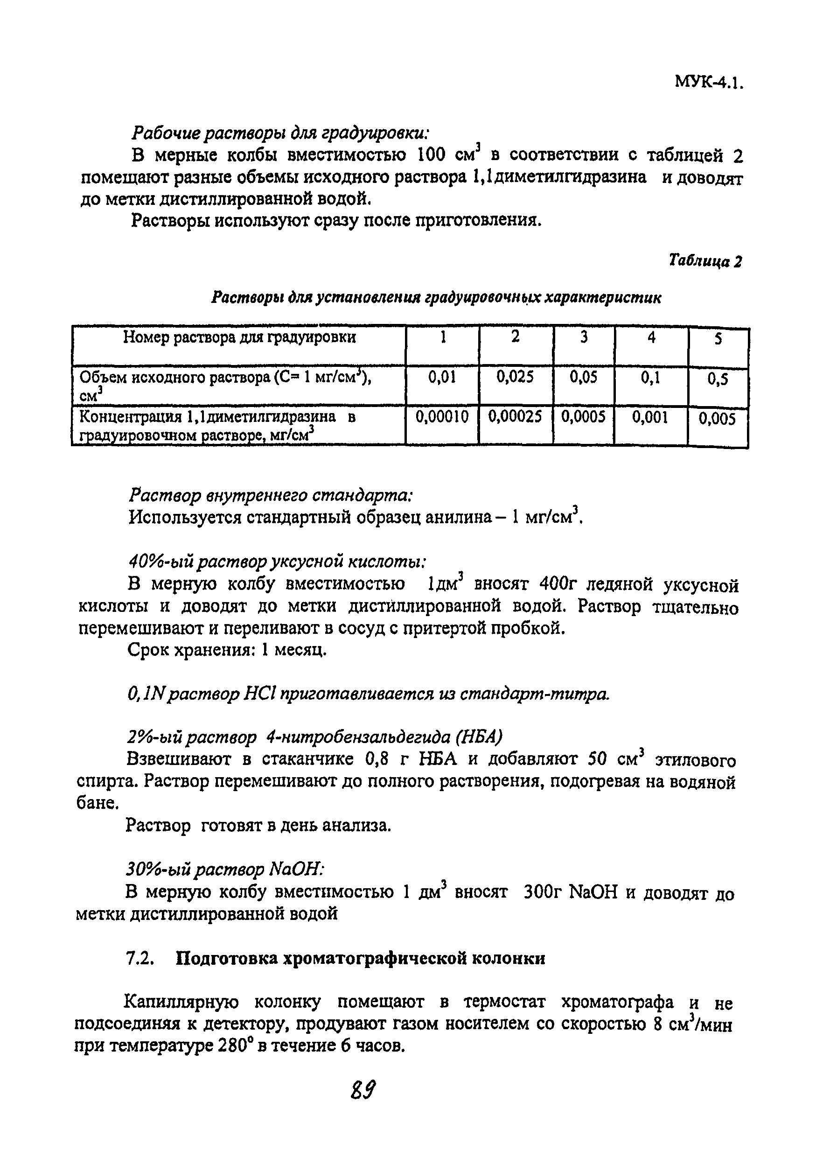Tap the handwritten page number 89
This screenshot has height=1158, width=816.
[x=363, y=1091]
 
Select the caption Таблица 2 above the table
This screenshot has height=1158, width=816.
[x=705, y=261]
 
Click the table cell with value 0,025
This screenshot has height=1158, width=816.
[x=515, y=377]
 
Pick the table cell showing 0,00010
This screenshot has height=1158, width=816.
[x=441, y=417]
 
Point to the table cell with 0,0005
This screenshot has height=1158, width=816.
[x=583, y=417]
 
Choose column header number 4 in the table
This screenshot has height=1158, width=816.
[x=651, y=337]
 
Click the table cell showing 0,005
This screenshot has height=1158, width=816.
[x=717, y=419]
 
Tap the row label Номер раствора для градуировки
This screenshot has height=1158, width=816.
[x=239, y=337]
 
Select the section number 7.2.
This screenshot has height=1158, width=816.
[x=139, y=958]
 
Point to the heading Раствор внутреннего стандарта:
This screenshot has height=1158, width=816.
[x=271, y=495]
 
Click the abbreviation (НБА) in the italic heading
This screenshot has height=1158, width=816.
[x=479, y=738]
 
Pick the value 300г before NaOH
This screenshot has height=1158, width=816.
[x=542, y=893]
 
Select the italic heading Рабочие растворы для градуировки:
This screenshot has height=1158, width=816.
[x=280, y=133]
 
